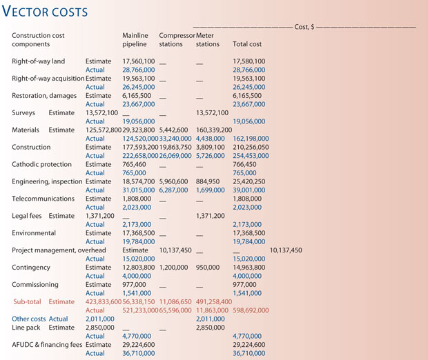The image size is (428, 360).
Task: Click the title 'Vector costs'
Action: tap(50, 12)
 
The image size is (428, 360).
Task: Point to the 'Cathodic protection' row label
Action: tap(41, 164)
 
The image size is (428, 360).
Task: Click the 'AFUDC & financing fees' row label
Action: tap(47, 345)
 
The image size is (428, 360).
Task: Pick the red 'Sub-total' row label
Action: tap(28, 301)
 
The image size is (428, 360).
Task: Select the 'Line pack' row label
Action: tap(27, 328)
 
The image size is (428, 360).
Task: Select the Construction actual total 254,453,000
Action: tap(251, 156)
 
